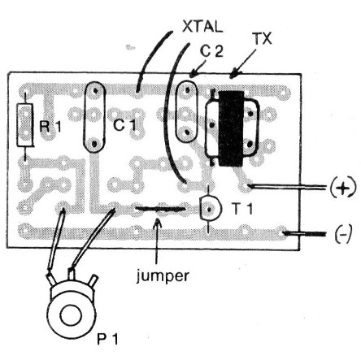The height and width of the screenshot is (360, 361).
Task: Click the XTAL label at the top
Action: pos(202,26)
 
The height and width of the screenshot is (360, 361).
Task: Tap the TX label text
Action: pos(263,39)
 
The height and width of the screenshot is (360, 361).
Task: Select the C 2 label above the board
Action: pos(211,51)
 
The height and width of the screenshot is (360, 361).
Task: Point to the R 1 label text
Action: pos(50,126)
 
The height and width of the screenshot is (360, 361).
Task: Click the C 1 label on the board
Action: pos(124,125)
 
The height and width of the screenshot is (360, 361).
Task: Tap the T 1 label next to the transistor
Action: pos(242,209)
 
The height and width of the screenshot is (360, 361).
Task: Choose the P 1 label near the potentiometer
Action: pos(107,338)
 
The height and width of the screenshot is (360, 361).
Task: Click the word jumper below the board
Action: pos(163,276)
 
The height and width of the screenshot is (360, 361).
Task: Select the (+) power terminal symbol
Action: pos(343,188)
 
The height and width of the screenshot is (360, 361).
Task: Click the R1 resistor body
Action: pos(25,125)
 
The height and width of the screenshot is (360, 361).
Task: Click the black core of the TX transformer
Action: pos(231,128)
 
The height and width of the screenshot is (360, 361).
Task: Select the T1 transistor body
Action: pos(210,208)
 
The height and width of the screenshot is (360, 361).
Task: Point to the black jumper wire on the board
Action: pos(161,209)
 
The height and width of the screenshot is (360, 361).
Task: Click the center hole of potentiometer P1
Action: pos(71,316)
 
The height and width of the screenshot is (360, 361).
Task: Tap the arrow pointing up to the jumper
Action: pos(157,241)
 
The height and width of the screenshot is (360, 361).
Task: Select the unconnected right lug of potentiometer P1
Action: pos(94,280)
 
